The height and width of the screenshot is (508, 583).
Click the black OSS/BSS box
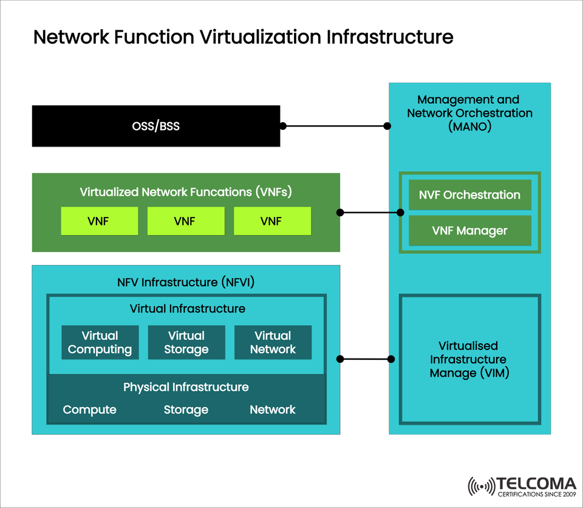pyautogui.click(x=156, y=126)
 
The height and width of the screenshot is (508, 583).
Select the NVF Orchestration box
pyautogui.click(x=469, y=195)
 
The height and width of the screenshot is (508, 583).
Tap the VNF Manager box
pyautogui.click(x=469, y=231)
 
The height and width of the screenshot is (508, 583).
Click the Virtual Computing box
pyautogui.click(x=100, y=343)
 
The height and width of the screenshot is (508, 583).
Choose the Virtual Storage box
pyautogui.click(x=186, y=343)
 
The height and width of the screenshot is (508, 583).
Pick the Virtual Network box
pyautogui.click(x=273, y=343)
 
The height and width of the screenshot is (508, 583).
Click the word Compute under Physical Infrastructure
pyautogui.click(x=89, y=410)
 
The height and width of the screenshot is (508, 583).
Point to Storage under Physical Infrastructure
pyautogui.click(x=186, y=410)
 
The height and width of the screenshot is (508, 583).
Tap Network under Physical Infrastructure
pyautogui.click(x=273, y=410)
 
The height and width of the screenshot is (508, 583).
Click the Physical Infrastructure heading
pyautogui.click(x=186, y=387)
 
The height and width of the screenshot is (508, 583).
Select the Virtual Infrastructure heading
pyautogui.click(x=187, y=309)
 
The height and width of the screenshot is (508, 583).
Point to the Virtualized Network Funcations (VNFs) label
pyautogui.click(x=186, y=192)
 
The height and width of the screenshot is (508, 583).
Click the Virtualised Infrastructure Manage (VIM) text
pyautogui.click(x=469, y=359)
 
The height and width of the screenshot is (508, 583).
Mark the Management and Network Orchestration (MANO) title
pyautogui.click(x=469, y=113)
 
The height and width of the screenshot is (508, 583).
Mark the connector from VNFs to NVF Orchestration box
pyautogui.click(x=370, y=213)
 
